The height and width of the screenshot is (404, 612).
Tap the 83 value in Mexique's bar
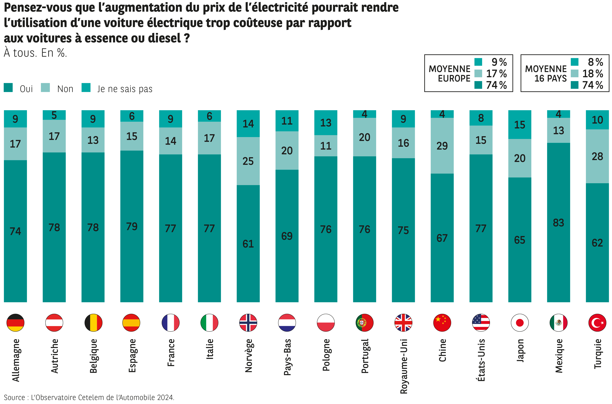coord(558,223)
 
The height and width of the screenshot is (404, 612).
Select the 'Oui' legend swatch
coord(8,88)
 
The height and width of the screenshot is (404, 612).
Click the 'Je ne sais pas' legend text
coord(125,89)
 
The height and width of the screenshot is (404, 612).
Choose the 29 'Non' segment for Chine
coord(442,146)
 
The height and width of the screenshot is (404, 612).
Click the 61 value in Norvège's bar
coord(248,244)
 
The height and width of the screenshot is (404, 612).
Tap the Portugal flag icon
coord(364,323)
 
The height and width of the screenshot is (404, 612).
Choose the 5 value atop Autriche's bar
coord(54,115)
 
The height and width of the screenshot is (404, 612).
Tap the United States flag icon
coord(481,323)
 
